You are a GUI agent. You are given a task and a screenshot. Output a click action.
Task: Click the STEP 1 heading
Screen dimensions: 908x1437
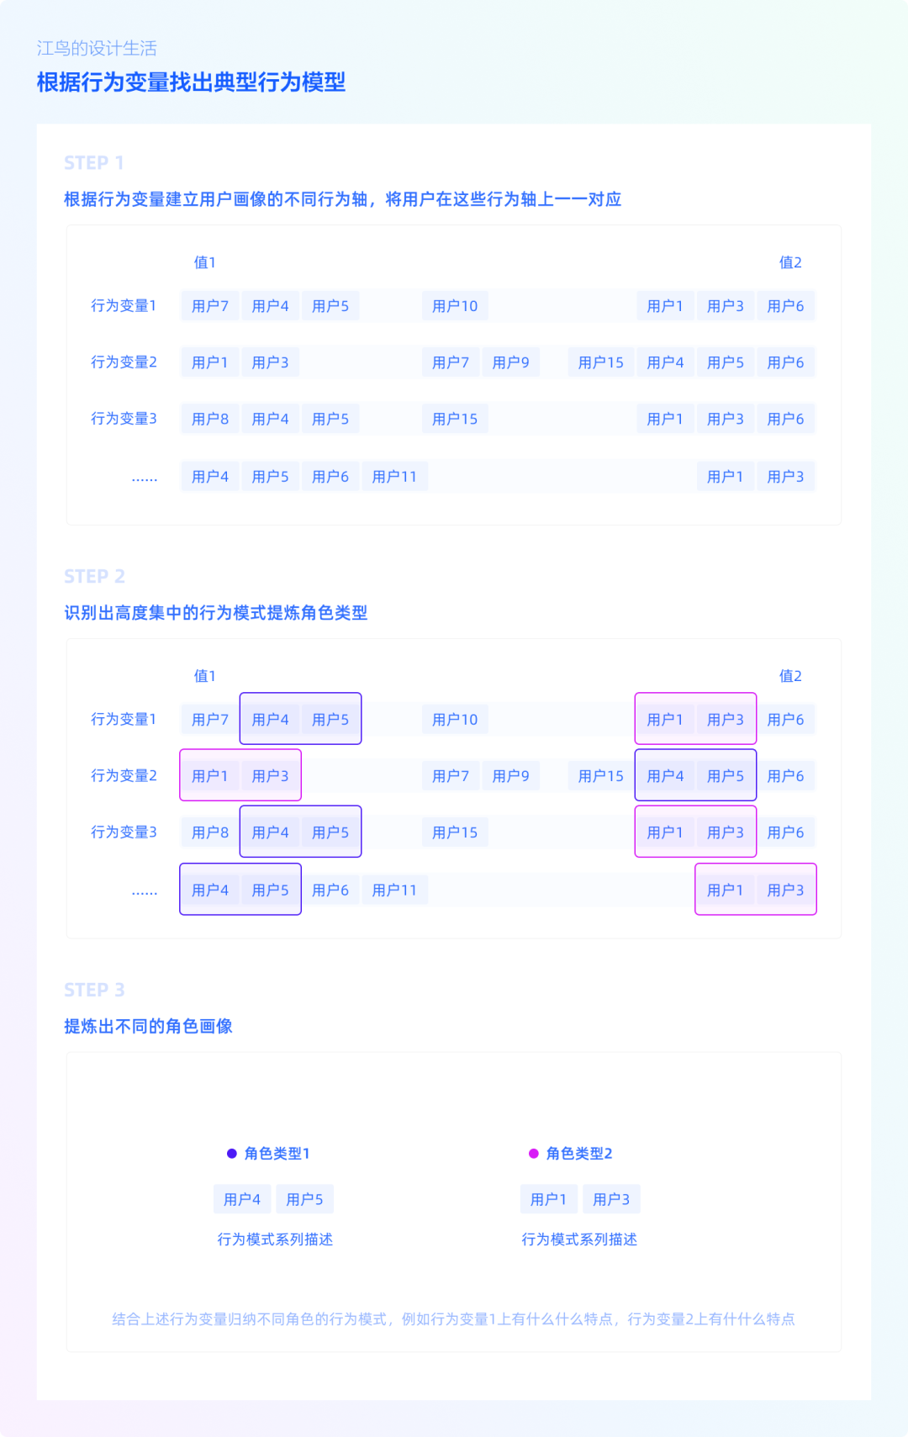click(x=93, y=163)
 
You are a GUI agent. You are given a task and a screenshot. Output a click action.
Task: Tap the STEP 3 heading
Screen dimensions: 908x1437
click(x=94, y=990)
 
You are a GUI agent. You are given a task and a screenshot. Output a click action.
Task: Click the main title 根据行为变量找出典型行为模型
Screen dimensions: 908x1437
click(x=191, y=82)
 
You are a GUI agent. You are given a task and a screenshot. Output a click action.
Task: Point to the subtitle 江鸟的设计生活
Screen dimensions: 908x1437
click(x=97, y=48)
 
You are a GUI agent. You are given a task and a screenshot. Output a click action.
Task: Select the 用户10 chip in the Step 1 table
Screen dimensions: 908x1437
click(x=455, y=306)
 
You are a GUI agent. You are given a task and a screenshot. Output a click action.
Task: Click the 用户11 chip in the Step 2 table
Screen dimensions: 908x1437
click(x=394, y=890)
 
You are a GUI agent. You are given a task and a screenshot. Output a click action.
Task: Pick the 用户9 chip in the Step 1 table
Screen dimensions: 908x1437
click(x=510, y=362)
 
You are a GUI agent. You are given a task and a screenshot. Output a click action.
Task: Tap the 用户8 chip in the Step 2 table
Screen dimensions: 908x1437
click(x=209, y=832)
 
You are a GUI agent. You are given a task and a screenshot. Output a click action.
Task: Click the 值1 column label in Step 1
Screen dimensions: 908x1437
click(x=204, y=262)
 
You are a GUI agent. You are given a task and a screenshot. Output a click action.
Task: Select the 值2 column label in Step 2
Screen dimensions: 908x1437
click(x=790, y=676)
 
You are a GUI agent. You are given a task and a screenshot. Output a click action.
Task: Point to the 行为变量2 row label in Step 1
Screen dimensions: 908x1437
click(x=124, y=362)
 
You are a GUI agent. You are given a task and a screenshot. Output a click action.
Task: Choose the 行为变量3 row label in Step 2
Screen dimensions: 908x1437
click(x=124, y=832)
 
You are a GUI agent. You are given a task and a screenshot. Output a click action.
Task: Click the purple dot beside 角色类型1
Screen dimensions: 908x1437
click(x=232, y=1154)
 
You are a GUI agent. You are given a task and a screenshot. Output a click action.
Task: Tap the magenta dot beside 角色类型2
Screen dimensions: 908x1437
click(x=534, y=1154)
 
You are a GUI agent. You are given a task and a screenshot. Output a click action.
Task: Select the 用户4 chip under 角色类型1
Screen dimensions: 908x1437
click(x=242, y=1199)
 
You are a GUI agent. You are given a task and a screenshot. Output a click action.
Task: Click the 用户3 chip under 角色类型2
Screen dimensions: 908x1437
click(x=611, y=1199)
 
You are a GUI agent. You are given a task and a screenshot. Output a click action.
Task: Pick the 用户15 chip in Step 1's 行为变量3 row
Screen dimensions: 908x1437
click(x=455, y=419)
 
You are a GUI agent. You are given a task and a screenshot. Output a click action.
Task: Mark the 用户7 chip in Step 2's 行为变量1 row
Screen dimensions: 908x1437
click(x=209, y=720)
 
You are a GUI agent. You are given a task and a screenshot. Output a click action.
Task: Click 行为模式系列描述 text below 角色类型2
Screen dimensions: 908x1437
click(x=579, y=1239)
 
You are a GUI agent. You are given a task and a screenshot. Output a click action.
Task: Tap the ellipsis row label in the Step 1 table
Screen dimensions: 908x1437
click(x=145, y=478)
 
